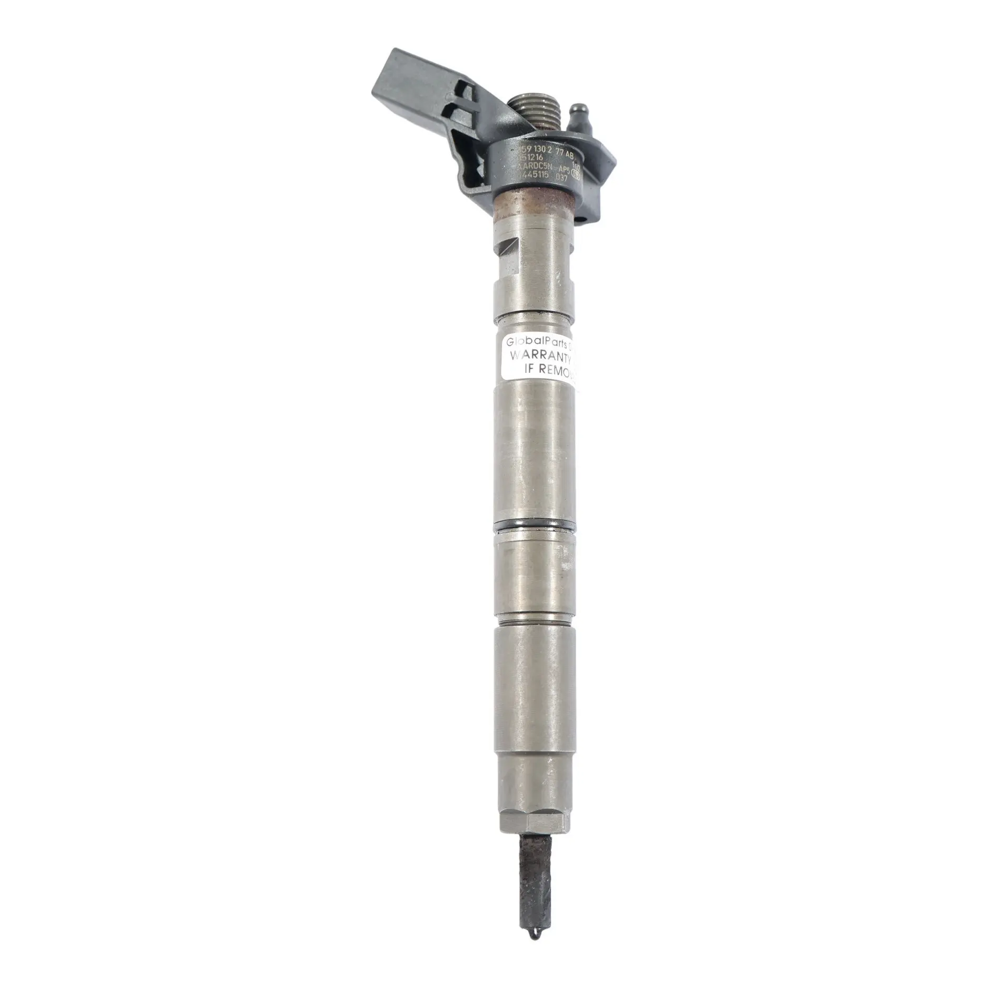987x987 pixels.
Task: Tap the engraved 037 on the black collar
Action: pos(560,179)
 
